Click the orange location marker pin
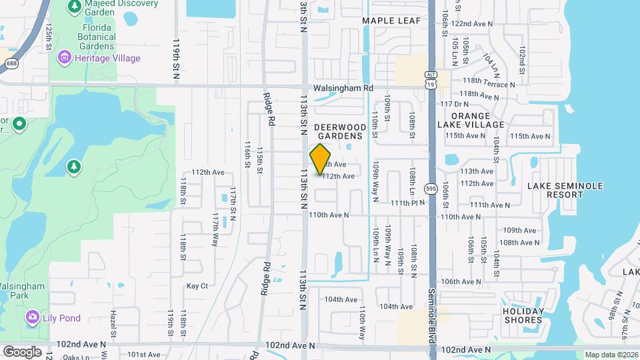click(x=321, y=159)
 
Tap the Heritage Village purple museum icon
click(x=65, y=58)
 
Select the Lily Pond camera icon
click(x=31, y=317)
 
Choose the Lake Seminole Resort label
click(x=565, y=190)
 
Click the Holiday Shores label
click(x=523, y=315)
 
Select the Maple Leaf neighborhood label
click(x=391, y=21)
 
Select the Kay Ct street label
click(x=197, y=286)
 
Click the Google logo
click(x=22, y=351)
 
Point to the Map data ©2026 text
click(x=611, y=355)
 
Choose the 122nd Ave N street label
click(x=471, y=23)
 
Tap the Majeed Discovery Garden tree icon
click(x=74, y=7)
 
